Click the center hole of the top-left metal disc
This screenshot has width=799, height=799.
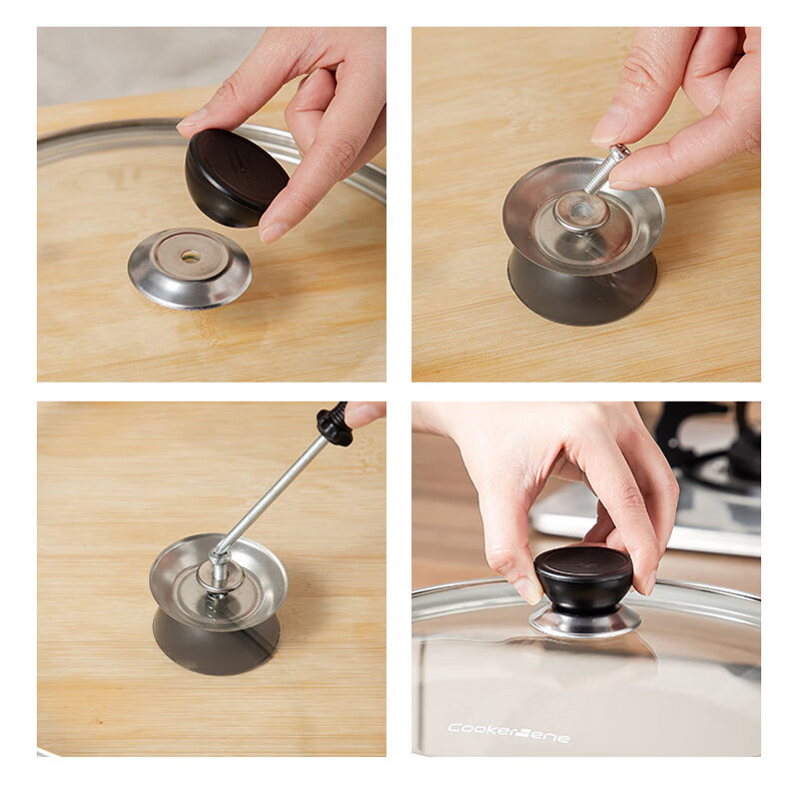190,257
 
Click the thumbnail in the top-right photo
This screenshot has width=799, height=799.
610,127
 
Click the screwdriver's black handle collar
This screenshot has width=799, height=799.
335,424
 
